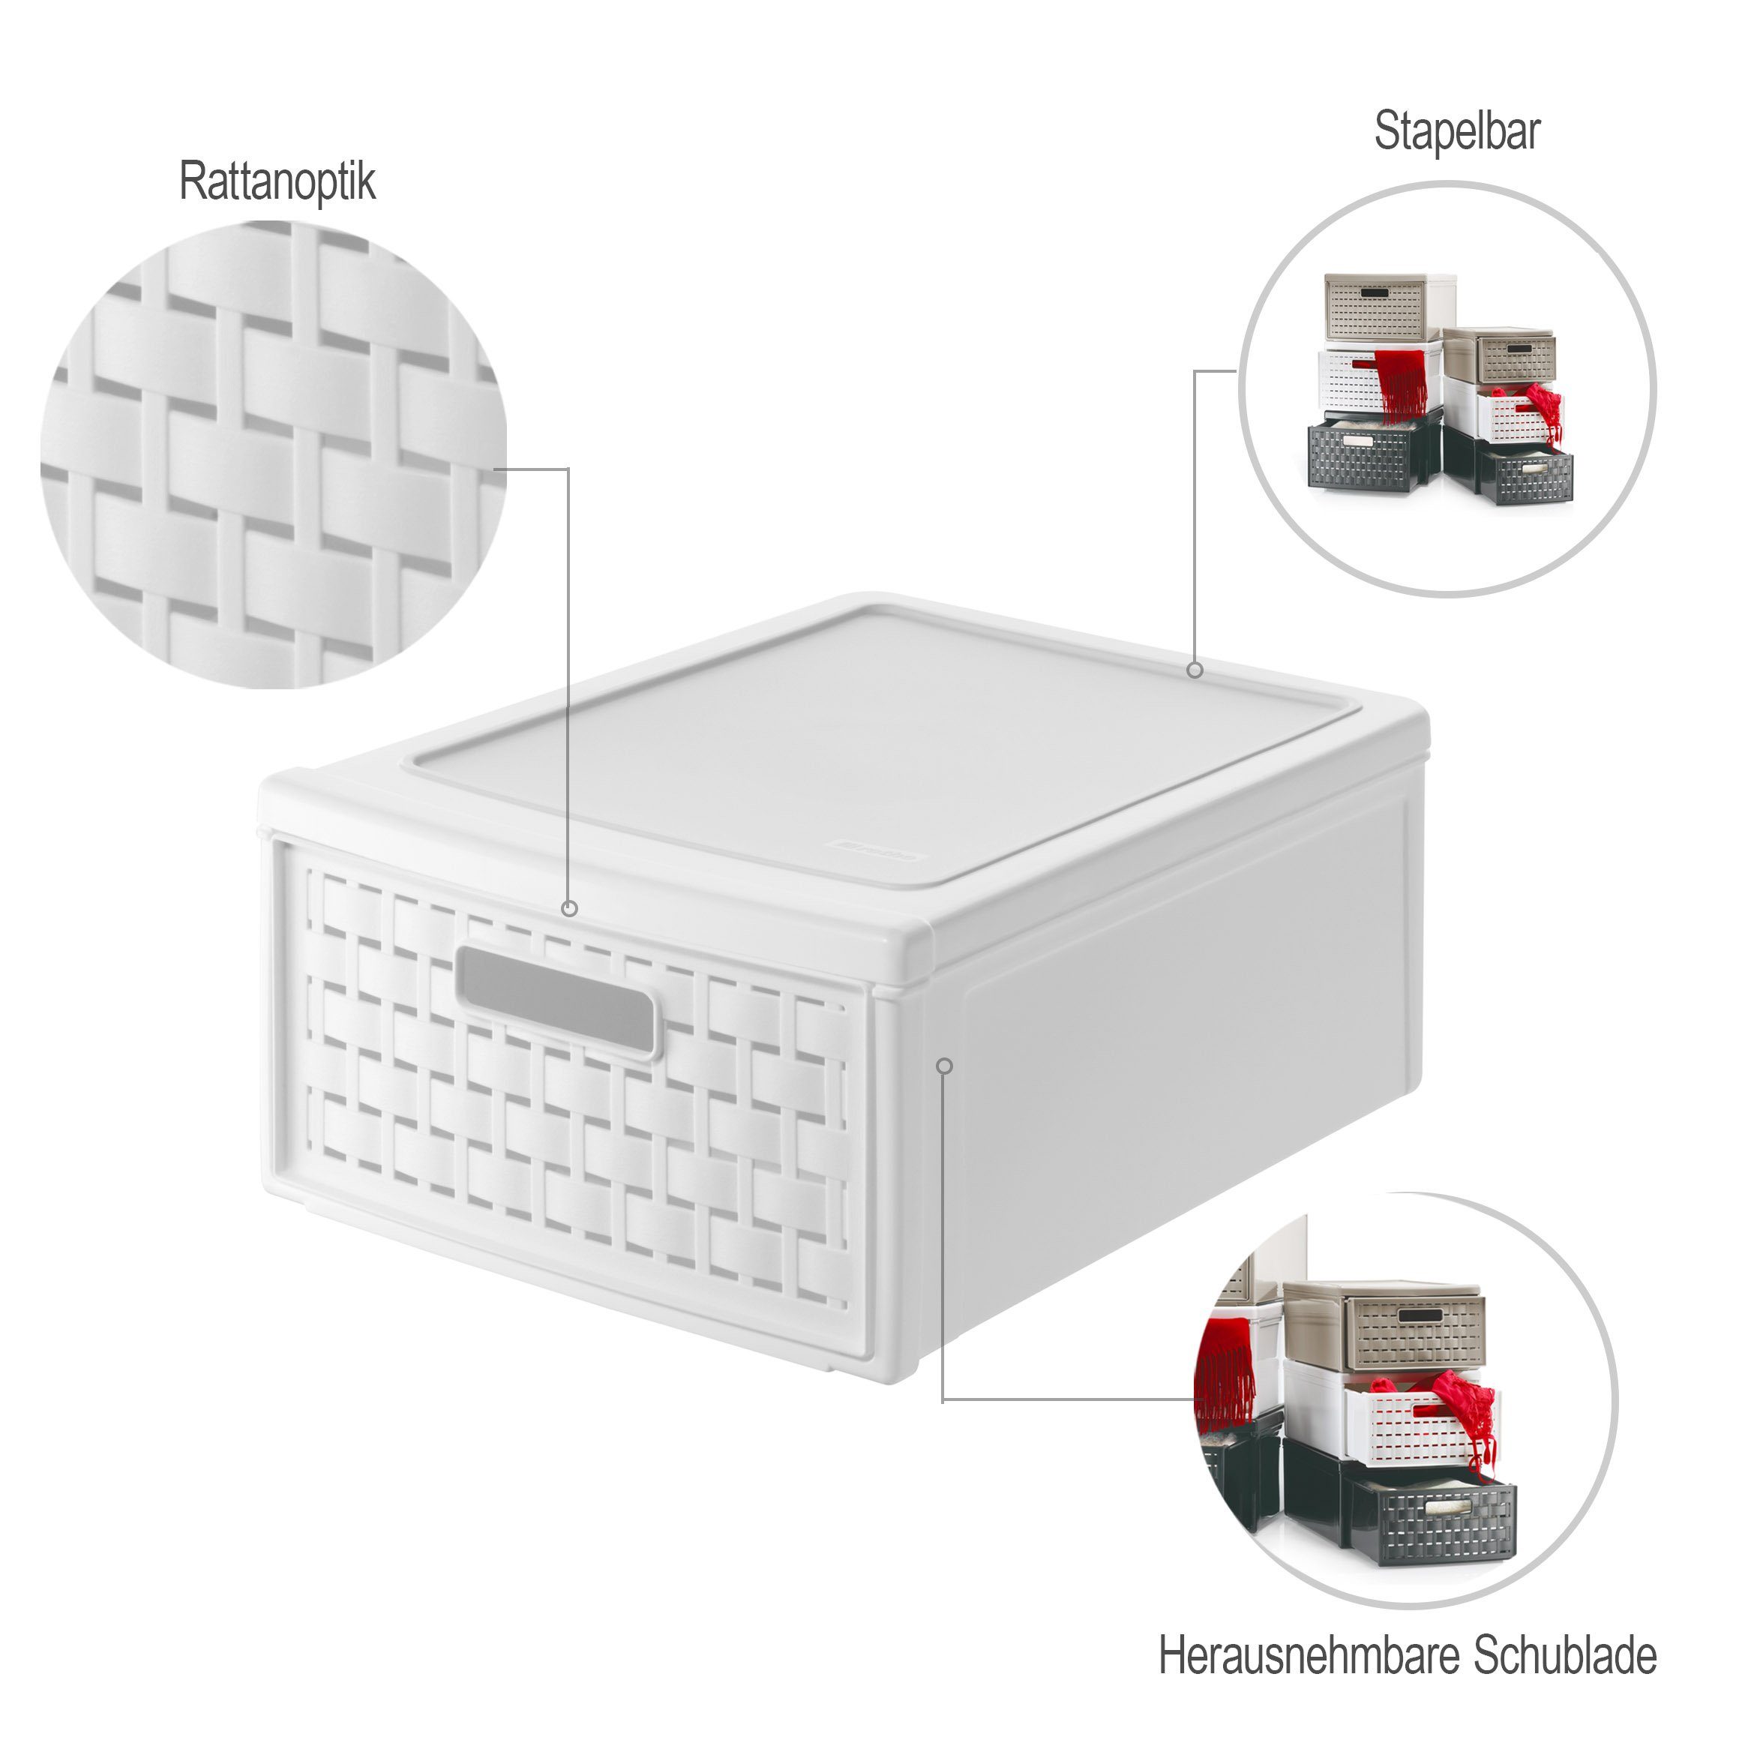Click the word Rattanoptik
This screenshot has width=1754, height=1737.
[x=277, y=181]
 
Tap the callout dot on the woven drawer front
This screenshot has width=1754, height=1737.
[x=570, y=908]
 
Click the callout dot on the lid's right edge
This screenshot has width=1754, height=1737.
[x=1195, y=670]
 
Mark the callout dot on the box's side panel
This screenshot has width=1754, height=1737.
[x=944, y=1065]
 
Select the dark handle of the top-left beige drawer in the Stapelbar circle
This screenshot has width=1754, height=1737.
[x=1376, y=293]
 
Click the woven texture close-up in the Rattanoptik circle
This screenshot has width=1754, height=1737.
[x=273, y=454]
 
